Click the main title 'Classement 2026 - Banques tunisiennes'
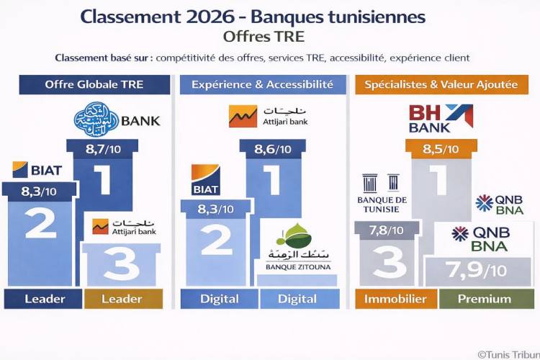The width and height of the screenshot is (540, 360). click(253, 17)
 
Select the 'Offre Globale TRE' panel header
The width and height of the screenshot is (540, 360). click(94, 84)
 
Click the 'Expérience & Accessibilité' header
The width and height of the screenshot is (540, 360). click(262, 84)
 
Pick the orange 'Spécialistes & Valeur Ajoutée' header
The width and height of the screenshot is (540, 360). click(441, 84)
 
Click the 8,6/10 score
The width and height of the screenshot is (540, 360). click(273, 150)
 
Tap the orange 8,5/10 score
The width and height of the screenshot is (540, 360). click(441, 150)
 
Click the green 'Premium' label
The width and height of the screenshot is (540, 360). click(485, 299)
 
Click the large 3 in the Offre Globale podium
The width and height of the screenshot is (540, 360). click(122, 264)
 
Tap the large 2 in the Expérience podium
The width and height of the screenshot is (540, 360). click(216, 240)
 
